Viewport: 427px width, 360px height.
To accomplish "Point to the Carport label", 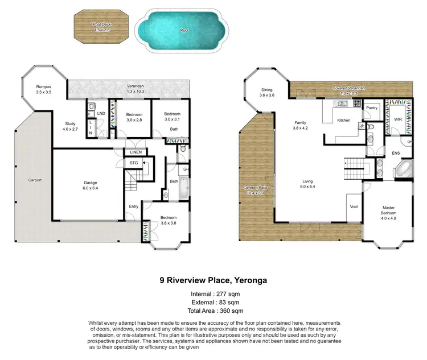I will (35, 180).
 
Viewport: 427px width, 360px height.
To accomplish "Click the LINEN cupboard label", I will (136, 151).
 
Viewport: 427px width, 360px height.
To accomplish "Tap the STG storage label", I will (134, 163).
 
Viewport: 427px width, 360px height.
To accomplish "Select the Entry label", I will (133, 206).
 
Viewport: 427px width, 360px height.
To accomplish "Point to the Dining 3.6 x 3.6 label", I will (267, 92).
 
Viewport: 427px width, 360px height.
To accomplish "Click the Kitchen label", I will (343, 120).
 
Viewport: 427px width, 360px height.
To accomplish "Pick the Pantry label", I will (372, 107).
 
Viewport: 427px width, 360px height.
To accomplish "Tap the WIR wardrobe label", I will (398, 119).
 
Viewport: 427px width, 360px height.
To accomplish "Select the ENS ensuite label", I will (395, 153).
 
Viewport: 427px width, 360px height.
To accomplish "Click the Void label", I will (354, 206).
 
